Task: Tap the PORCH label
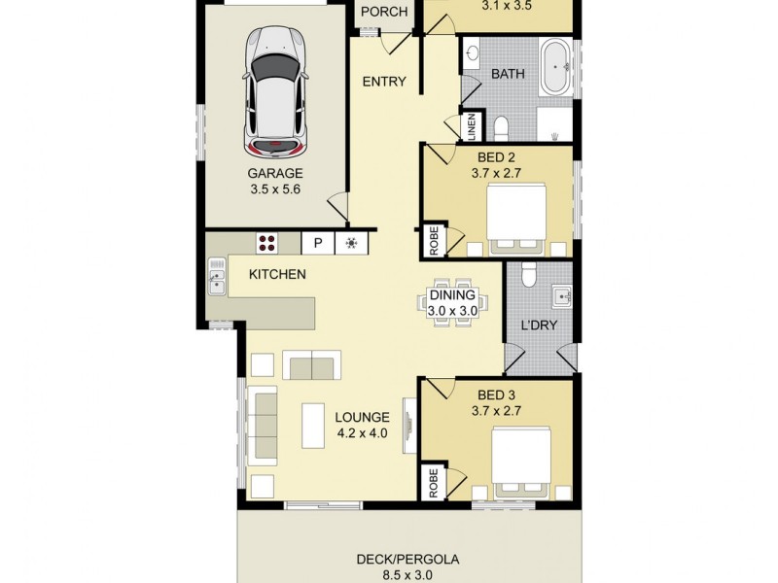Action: (383, 13)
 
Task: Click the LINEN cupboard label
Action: (471, 125)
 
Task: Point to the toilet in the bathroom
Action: (500, 127)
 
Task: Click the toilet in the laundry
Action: (529, 276)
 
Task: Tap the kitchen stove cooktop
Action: (268, 243)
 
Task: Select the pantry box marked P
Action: (317, 243)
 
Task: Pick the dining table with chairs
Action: (451, 304)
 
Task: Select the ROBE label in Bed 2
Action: (431, 242)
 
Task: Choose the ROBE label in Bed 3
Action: (431, 484)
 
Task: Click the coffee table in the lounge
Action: (313, 426)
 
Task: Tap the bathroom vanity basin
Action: (473, 54)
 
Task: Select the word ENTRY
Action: (383, 82)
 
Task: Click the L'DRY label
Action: (539, 325)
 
